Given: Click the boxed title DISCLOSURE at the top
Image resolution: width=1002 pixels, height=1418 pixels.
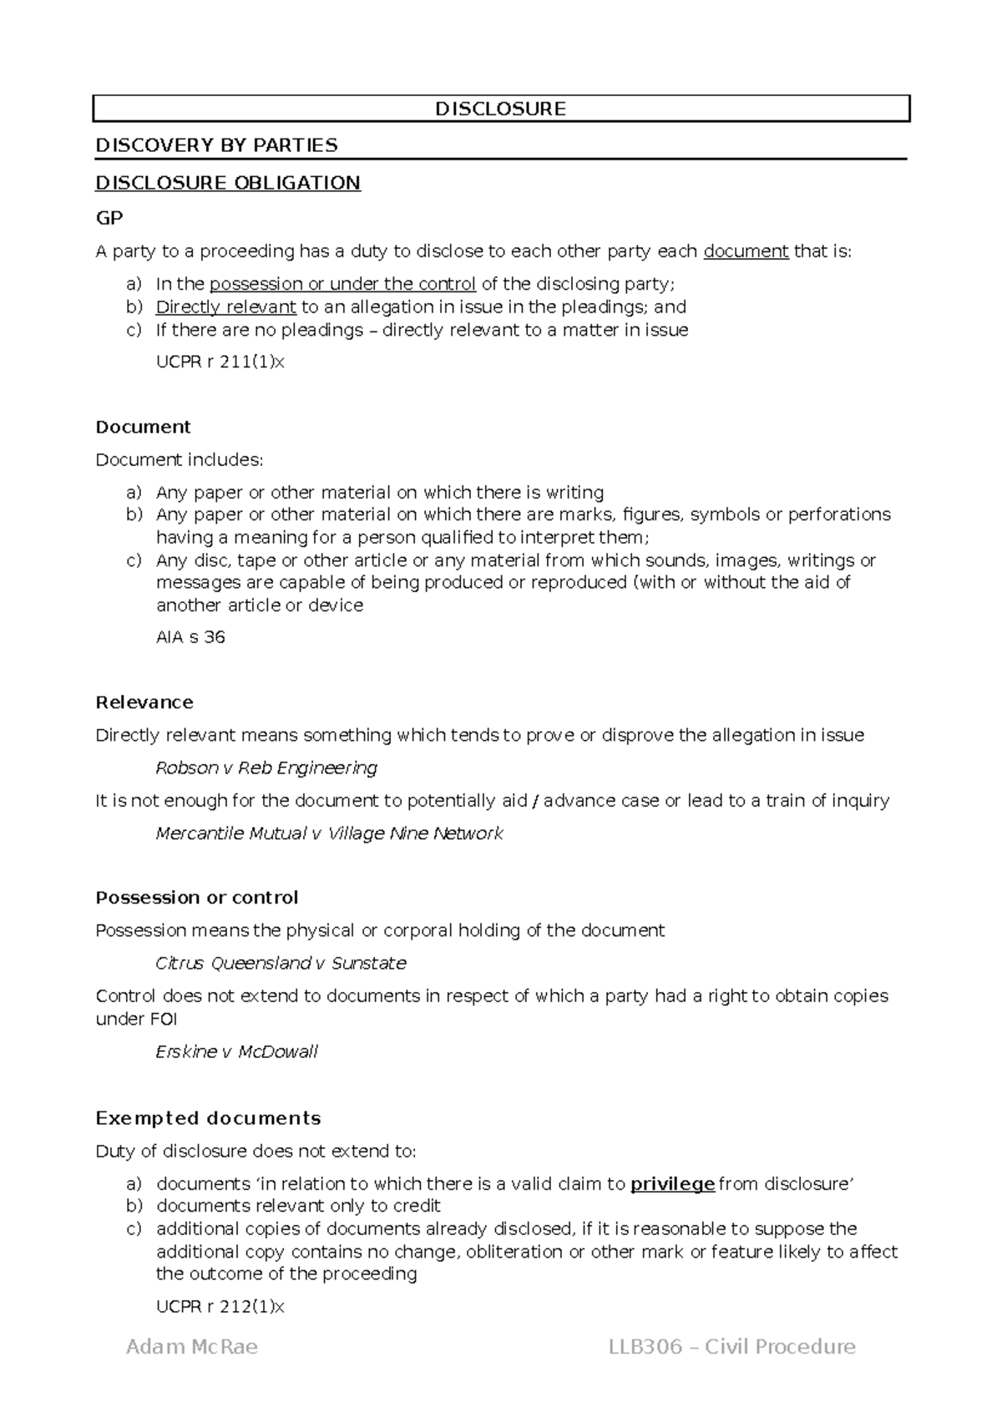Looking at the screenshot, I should [500, 109].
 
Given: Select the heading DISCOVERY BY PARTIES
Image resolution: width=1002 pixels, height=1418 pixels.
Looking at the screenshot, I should [216, 145].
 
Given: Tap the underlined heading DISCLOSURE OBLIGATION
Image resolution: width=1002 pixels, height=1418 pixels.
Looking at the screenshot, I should [228, 183].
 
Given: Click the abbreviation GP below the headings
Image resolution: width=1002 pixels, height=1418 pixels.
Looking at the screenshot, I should [109, 218].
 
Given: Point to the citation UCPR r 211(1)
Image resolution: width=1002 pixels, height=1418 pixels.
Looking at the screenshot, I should [220, 362].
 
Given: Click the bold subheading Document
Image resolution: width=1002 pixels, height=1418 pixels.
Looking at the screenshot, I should [143, 427].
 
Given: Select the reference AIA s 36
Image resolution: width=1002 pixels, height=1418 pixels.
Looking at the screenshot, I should [190, 637].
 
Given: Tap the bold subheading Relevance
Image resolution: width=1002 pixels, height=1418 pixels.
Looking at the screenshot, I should [144, 702].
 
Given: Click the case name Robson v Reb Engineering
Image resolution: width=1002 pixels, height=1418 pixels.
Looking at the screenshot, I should [266, 767].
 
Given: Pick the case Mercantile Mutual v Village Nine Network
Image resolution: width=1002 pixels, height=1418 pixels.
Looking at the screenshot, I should [329, 833].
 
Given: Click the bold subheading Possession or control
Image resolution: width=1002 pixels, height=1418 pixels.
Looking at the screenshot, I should [196, 898].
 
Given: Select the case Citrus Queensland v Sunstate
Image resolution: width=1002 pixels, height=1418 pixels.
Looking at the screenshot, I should [281, 963].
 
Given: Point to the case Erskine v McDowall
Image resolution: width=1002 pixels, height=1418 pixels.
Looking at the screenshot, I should [236, 1051].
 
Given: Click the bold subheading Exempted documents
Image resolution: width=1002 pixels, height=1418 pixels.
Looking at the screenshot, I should [208, 1118].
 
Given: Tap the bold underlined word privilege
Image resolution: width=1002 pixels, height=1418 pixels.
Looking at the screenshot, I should [672, 1183].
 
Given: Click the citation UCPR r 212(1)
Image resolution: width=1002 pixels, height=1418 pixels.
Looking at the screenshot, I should [220, 1307].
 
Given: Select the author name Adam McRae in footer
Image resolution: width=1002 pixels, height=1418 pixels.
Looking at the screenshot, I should [191, 1347].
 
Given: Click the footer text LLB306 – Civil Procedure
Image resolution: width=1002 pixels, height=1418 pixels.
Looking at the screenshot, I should [731, 1347].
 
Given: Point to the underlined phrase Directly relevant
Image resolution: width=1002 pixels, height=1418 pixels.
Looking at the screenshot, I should [225, 306].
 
